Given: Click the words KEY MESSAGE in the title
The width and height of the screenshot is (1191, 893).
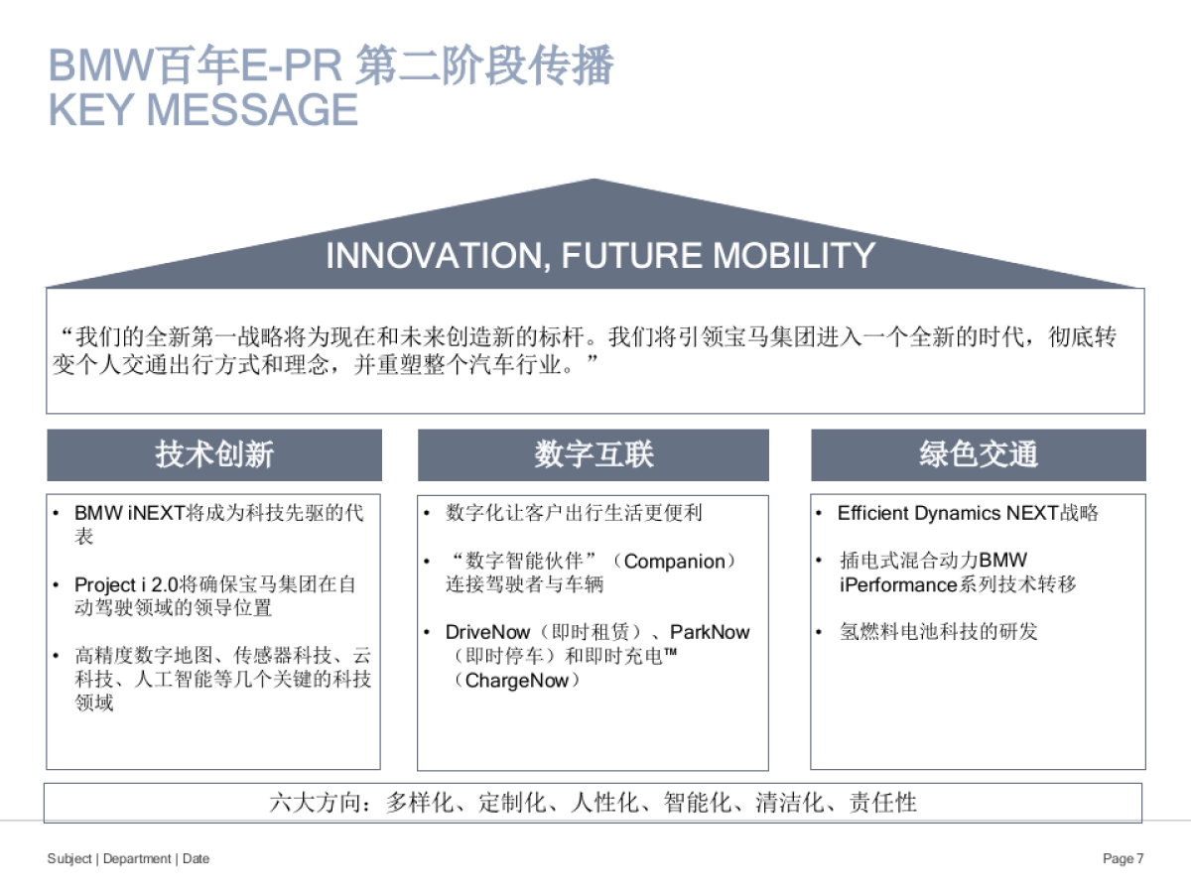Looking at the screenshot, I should point(203,110).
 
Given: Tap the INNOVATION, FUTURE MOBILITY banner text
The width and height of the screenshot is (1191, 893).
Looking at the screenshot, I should point(599,256).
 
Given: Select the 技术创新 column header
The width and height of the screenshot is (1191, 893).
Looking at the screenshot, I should point(214,454).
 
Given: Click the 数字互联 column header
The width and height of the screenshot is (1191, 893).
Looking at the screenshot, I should point(594,454).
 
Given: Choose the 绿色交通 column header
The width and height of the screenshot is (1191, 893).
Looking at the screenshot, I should point(978,454).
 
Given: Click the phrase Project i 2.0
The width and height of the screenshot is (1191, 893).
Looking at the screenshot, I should point(126,584).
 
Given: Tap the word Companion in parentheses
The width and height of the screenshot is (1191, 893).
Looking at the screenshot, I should point(674,562).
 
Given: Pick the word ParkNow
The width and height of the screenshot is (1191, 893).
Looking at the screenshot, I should point(710,632).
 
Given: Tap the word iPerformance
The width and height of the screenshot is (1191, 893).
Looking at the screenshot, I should point(898,584).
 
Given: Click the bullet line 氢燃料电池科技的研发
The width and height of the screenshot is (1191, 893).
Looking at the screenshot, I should point(938,632).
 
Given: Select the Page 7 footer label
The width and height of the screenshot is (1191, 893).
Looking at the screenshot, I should point(1124,858).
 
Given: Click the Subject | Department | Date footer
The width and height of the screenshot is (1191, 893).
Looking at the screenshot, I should point(129,858).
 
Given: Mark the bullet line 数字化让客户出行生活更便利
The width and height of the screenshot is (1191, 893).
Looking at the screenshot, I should point(574,513).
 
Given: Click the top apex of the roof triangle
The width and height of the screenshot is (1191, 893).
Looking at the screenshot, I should point(595,181).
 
